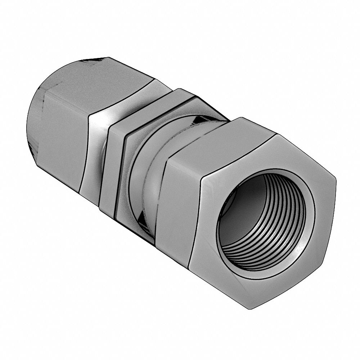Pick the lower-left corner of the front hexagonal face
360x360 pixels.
pos(189,268)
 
